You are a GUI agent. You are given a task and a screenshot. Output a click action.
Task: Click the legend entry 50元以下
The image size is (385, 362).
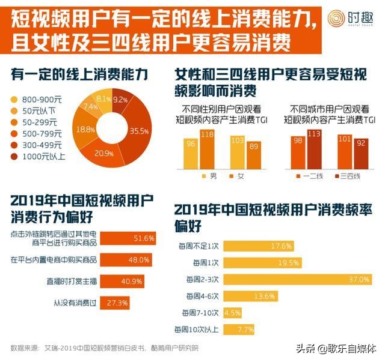(x=40, y=110)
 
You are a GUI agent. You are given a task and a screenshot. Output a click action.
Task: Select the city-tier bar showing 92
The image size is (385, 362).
(x=360, y=155)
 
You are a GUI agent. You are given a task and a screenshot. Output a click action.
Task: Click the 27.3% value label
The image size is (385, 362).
(x=118, y=303)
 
